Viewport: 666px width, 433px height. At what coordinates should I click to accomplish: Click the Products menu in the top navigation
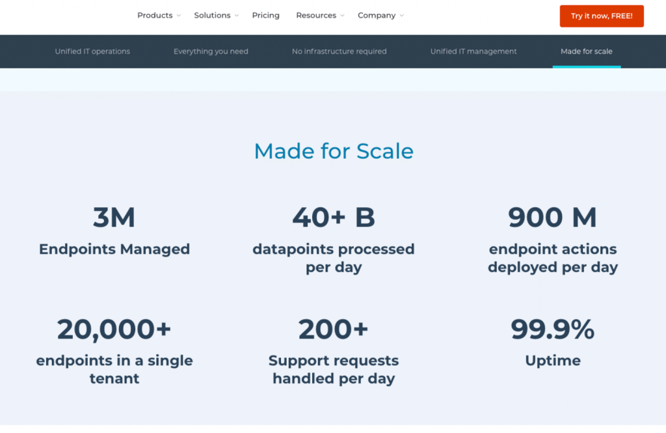159,16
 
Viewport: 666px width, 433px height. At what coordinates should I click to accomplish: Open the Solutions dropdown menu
216,16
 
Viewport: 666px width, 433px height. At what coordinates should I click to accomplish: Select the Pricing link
266,16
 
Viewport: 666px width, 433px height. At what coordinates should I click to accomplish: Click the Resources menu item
320,16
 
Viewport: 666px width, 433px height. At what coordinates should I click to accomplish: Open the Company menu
380,16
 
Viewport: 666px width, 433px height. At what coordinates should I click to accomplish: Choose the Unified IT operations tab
92,51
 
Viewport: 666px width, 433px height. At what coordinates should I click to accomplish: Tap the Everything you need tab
211,51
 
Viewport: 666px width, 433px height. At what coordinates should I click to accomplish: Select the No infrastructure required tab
339,51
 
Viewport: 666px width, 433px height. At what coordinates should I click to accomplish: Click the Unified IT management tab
473,51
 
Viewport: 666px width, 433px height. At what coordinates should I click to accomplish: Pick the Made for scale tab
587,51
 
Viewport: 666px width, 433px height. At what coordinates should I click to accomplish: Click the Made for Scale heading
334,151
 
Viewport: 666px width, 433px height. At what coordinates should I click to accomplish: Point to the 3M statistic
114,217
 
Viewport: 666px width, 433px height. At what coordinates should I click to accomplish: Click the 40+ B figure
334,217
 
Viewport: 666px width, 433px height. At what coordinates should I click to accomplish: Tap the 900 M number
553,217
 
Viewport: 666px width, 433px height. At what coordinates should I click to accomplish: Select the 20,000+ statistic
114,329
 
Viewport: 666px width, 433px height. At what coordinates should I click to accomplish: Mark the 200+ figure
334,329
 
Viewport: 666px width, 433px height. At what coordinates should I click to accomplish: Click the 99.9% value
553,329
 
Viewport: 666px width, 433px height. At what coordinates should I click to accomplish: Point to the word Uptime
553,361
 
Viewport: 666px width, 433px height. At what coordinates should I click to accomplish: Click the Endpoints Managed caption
114,249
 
